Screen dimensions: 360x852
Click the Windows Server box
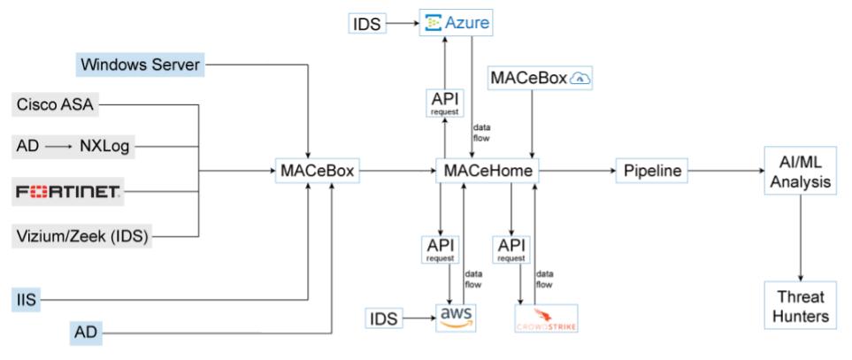[x=141, y=64]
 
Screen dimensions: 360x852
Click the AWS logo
[x=455, y=316]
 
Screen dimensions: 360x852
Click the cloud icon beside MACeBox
[x=580, y=79]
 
